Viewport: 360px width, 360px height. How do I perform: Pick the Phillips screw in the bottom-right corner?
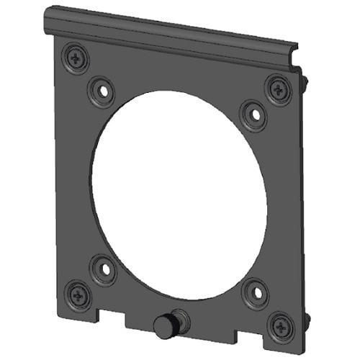[278, 325]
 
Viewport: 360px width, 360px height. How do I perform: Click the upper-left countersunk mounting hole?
[102, 91]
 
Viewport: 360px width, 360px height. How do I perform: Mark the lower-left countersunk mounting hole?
[103, 270]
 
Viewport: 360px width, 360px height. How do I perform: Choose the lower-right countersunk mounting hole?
[254, 293]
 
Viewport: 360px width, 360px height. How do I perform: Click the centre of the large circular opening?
[179, 191]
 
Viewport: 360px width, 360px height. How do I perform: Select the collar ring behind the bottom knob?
[179, 320]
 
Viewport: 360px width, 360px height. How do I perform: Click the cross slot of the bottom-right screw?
[278, 325]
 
